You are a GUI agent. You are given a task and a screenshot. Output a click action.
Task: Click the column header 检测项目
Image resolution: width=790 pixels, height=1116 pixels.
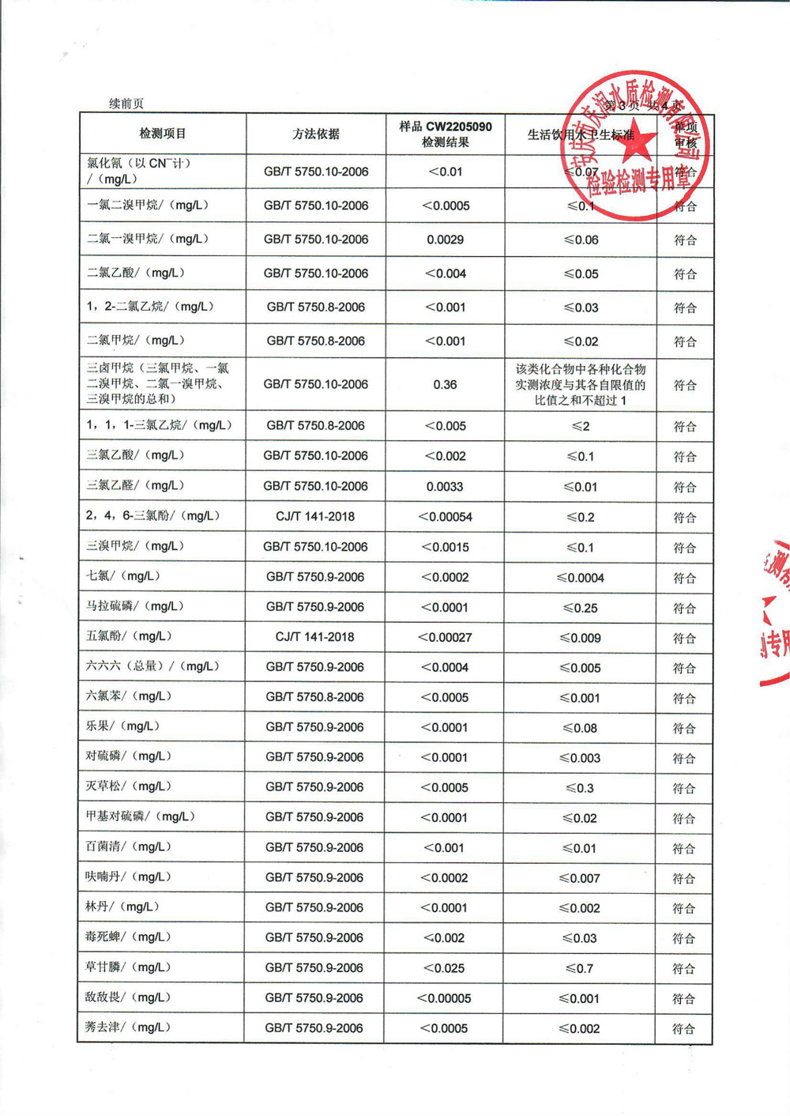(x=162, y=134)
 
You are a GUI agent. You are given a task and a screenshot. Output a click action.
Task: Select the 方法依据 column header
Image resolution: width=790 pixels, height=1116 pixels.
(x=316, y=134)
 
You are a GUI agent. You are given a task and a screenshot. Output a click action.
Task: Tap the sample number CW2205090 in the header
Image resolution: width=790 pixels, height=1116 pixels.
(x=457, y=126)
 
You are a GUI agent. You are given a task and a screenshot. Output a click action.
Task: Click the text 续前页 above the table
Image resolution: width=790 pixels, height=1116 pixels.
(x=126, y=104)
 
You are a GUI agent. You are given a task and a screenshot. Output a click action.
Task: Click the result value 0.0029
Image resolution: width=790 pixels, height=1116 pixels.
(x=445, y=239)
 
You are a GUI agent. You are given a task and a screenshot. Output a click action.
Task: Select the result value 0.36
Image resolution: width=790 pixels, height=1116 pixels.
(x=445, y=384)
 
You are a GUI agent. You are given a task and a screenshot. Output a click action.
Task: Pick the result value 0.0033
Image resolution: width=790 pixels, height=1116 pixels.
(x=445, y=487)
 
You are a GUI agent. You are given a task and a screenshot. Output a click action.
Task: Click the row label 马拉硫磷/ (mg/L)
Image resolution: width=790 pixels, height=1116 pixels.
(x=134, y=606)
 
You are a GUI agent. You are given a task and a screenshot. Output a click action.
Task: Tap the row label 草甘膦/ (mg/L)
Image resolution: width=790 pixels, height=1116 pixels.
(x=127, y=967)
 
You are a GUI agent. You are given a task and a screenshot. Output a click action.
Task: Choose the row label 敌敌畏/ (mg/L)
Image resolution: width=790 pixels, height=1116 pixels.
(x=127, y=997)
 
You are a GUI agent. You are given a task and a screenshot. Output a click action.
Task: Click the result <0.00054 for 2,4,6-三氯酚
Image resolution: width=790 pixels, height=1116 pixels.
(x=445, y=517)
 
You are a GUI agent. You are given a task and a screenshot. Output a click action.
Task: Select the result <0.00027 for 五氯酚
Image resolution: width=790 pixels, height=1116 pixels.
(x=445, y=637)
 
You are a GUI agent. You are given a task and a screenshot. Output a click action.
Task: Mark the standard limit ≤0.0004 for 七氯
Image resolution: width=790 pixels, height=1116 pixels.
(x=581, y=578)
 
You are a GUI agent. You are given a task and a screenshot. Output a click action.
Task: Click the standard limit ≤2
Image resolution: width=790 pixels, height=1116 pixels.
(x=581, y=426)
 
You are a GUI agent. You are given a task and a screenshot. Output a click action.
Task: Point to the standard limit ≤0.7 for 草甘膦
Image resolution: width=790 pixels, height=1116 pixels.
(x=581, y=968)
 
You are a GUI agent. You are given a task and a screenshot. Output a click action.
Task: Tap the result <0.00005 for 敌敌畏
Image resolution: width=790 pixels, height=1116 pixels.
(x=444, y=998)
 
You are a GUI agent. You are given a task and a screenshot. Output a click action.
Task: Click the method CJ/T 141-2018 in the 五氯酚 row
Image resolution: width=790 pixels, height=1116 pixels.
(x=315, y=637)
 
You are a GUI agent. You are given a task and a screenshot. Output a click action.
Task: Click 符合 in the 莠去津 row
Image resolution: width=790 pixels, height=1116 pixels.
(x=683, y=1029)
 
